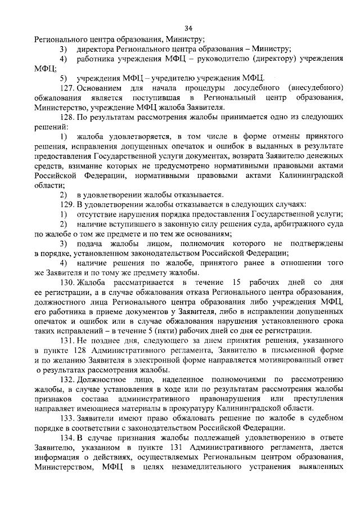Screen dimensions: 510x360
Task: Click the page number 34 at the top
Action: click(188, 29)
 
